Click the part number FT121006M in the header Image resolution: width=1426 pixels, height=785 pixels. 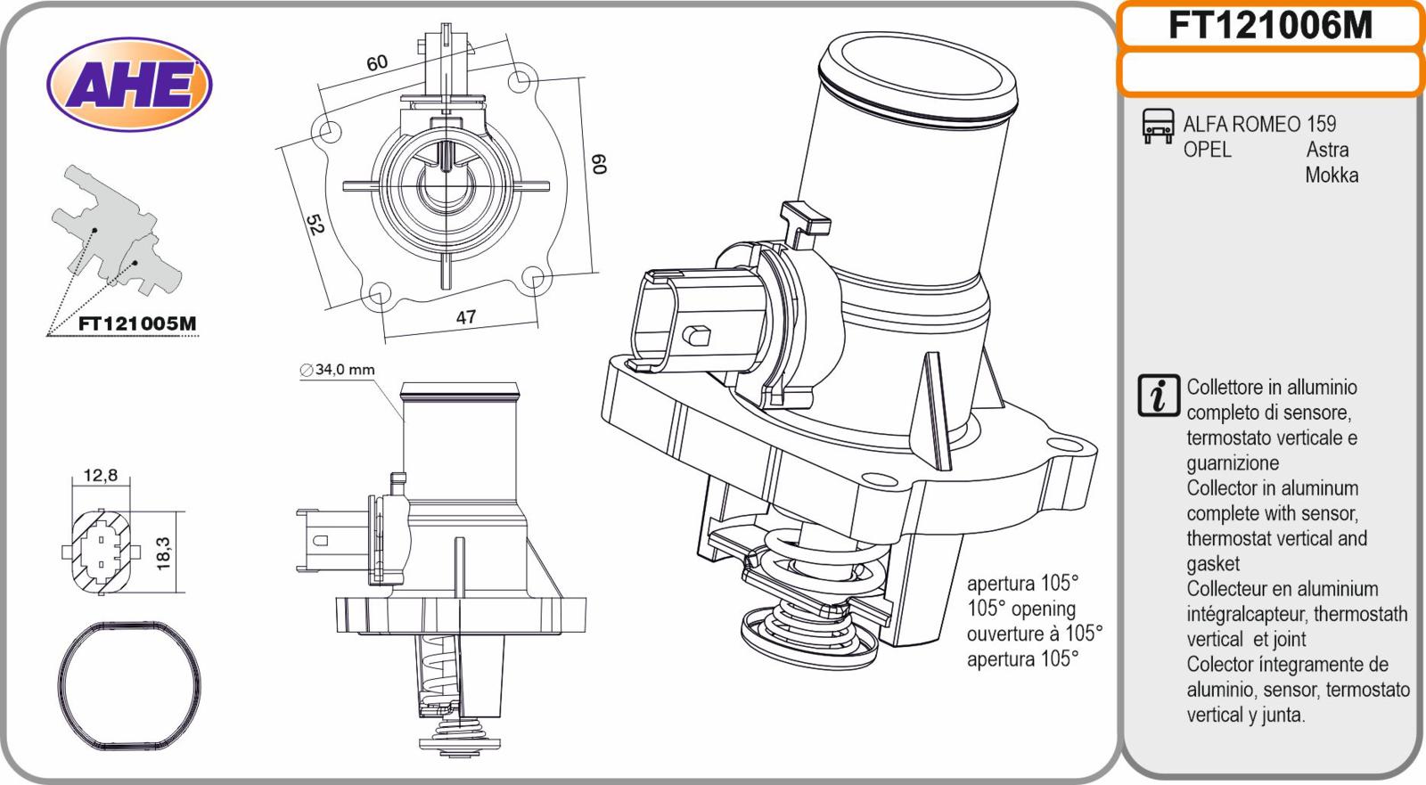point(1270,26)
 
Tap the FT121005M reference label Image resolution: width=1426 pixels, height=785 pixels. point(136,323)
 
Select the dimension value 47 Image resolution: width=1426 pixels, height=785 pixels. point(465,316)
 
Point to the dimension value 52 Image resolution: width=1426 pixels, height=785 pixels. point(314,225)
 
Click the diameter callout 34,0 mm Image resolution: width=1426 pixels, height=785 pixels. point(338,369)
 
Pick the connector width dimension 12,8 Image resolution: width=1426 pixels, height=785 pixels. point(101,475)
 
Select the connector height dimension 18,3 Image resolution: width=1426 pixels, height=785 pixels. point(164,552)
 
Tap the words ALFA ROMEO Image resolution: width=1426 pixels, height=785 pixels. point(1242,124)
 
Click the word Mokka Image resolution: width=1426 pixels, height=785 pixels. point(1332,175)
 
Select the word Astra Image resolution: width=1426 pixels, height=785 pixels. point(1327,149)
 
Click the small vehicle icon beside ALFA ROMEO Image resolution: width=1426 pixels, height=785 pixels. point(1158,126)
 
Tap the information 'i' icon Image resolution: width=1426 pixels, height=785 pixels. point(1159,396)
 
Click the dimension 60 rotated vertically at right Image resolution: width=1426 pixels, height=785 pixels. point(600,165)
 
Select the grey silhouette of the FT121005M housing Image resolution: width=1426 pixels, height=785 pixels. point(111,232)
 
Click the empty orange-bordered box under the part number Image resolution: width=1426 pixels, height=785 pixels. point(1270,73)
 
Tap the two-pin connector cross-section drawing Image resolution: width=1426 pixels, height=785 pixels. point(101,552)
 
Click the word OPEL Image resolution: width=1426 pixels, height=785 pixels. point(1207,149)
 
